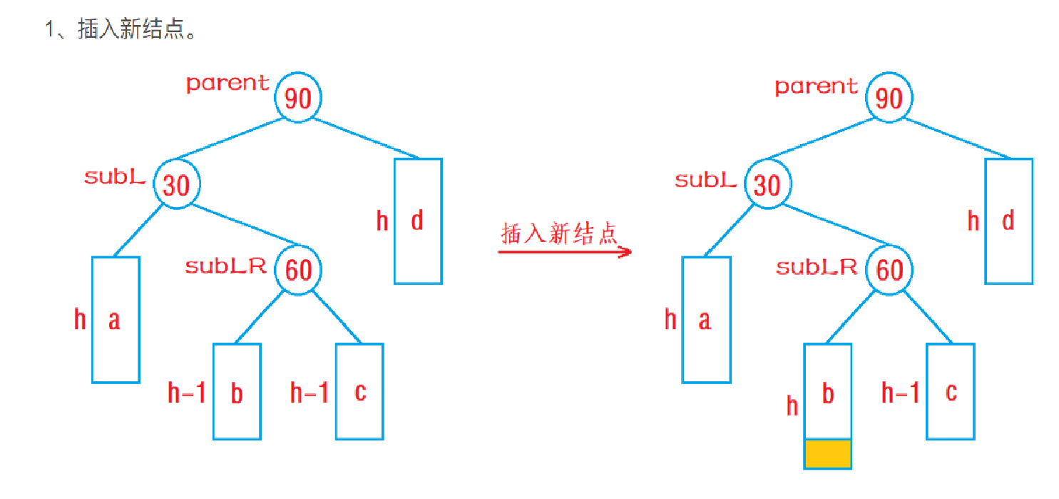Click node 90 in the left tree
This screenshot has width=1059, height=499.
point(298,98)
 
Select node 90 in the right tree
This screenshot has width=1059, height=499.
point(889,98)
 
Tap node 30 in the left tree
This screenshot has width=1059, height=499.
point(177,185)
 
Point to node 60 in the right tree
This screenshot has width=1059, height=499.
point(889,270)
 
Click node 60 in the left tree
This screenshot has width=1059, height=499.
point(299,270)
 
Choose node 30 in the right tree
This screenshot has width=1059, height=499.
point(767,185)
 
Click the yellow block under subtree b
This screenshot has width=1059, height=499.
point(828,454)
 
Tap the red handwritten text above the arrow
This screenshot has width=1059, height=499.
point(559,233)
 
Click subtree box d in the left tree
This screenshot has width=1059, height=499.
point(418,221)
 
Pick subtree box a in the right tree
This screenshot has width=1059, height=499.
point(706,320)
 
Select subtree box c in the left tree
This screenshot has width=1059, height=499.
point(359,391)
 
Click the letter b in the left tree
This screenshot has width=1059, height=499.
point(237,393)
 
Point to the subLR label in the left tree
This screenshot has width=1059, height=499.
point(226,266)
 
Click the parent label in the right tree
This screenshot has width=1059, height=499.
point(817,86)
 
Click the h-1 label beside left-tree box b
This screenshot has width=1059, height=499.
point(187,393)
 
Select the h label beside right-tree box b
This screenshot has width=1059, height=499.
point(792,406)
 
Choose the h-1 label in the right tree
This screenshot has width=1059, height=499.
point(901,393)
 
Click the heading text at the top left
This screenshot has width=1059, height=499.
point(121,31)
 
